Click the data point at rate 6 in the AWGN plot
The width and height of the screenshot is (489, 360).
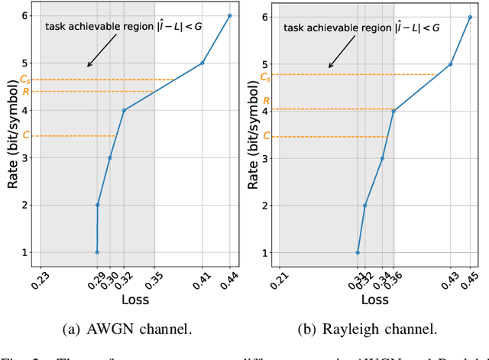click(229, 15)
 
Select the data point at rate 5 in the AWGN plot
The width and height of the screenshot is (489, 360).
click(202, 63)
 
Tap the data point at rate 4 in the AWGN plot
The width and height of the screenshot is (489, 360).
click(124, 110)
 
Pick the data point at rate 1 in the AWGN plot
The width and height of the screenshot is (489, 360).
click(97, 252)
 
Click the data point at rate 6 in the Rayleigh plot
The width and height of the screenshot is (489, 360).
click(470, 17)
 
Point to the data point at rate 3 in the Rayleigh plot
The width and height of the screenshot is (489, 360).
click(382, 158)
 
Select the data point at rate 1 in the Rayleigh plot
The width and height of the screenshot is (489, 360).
click(358, 252)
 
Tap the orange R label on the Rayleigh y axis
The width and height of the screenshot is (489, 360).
click(266, 100)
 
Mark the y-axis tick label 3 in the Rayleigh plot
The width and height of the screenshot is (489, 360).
click(266, 158)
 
